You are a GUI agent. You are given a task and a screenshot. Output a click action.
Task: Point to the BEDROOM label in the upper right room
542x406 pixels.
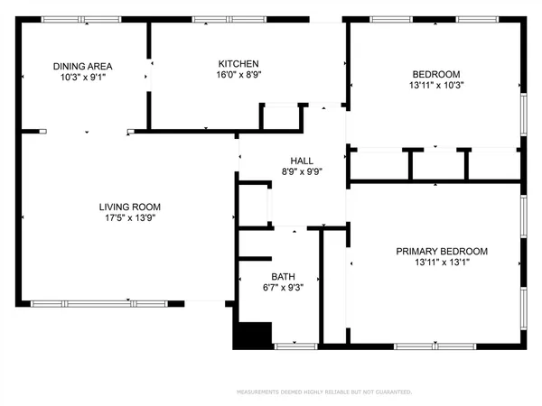[436, 74]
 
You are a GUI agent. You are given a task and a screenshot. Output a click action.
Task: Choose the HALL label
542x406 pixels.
[289, 161]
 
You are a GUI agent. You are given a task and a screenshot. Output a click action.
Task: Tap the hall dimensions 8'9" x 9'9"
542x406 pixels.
[289, 173]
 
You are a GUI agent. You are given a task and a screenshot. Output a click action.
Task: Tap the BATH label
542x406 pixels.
[283, 277]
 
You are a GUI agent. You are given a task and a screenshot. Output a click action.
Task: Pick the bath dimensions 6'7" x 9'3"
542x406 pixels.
[283, 290]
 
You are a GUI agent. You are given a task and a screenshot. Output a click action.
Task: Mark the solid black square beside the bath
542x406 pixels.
[253, 335]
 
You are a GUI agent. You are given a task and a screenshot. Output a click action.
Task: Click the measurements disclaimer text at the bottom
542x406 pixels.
[324, 392]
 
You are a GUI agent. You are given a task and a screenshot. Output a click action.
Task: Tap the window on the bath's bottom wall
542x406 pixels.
[295, 345]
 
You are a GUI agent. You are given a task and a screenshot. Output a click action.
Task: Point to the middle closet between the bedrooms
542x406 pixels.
[438, 164]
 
